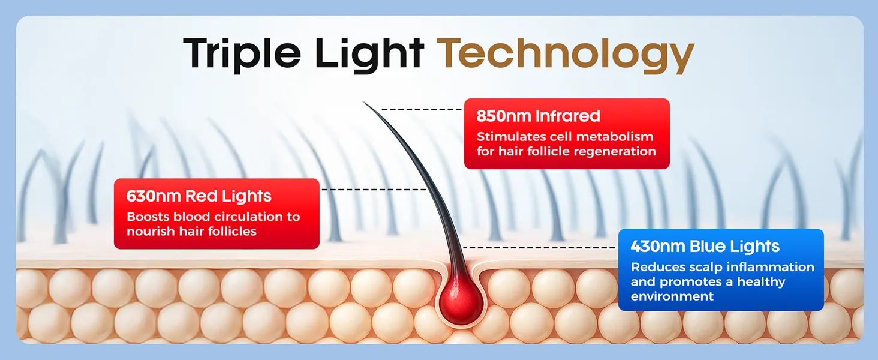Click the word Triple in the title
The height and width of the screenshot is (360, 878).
click(242, 54)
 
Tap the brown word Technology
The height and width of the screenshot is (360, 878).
click(565, 55)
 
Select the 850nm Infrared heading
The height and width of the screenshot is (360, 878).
click(538, 116)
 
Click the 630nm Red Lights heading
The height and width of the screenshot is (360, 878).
click(199, 196)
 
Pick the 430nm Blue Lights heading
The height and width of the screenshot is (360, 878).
click(705, 247)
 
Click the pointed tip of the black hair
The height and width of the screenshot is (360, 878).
click(364, 103)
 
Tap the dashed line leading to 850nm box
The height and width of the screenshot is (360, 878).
click(422, 110)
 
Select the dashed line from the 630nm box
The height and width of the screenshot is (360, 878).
click(374, 190)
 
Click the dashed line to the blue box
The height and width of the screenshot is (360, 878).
click(539, 247)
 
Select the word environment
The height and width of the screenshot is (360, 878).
click(672, 296)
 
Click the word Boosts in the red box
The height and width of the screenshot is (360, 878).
click(148, 217)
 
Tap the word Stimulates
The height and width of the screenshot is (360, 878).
click(510, 137)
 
